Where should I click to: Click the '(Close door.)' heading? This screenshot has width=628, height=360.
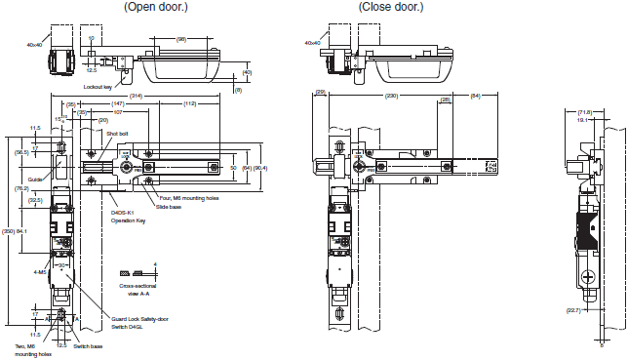pos(391,8)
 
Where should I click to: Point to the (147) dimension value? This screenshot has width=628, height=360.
pos(117,102)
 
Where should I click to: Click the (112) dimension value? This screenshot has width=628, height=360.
pos(189,102)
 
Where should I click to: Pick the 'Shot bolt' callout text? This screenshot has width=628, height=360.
pos(118,134)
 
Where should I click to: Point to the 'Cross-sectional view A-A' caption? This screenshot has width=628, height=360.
pos(138,290)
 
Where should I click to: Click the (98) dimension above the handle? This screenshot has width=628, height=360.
pos(181,40)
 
